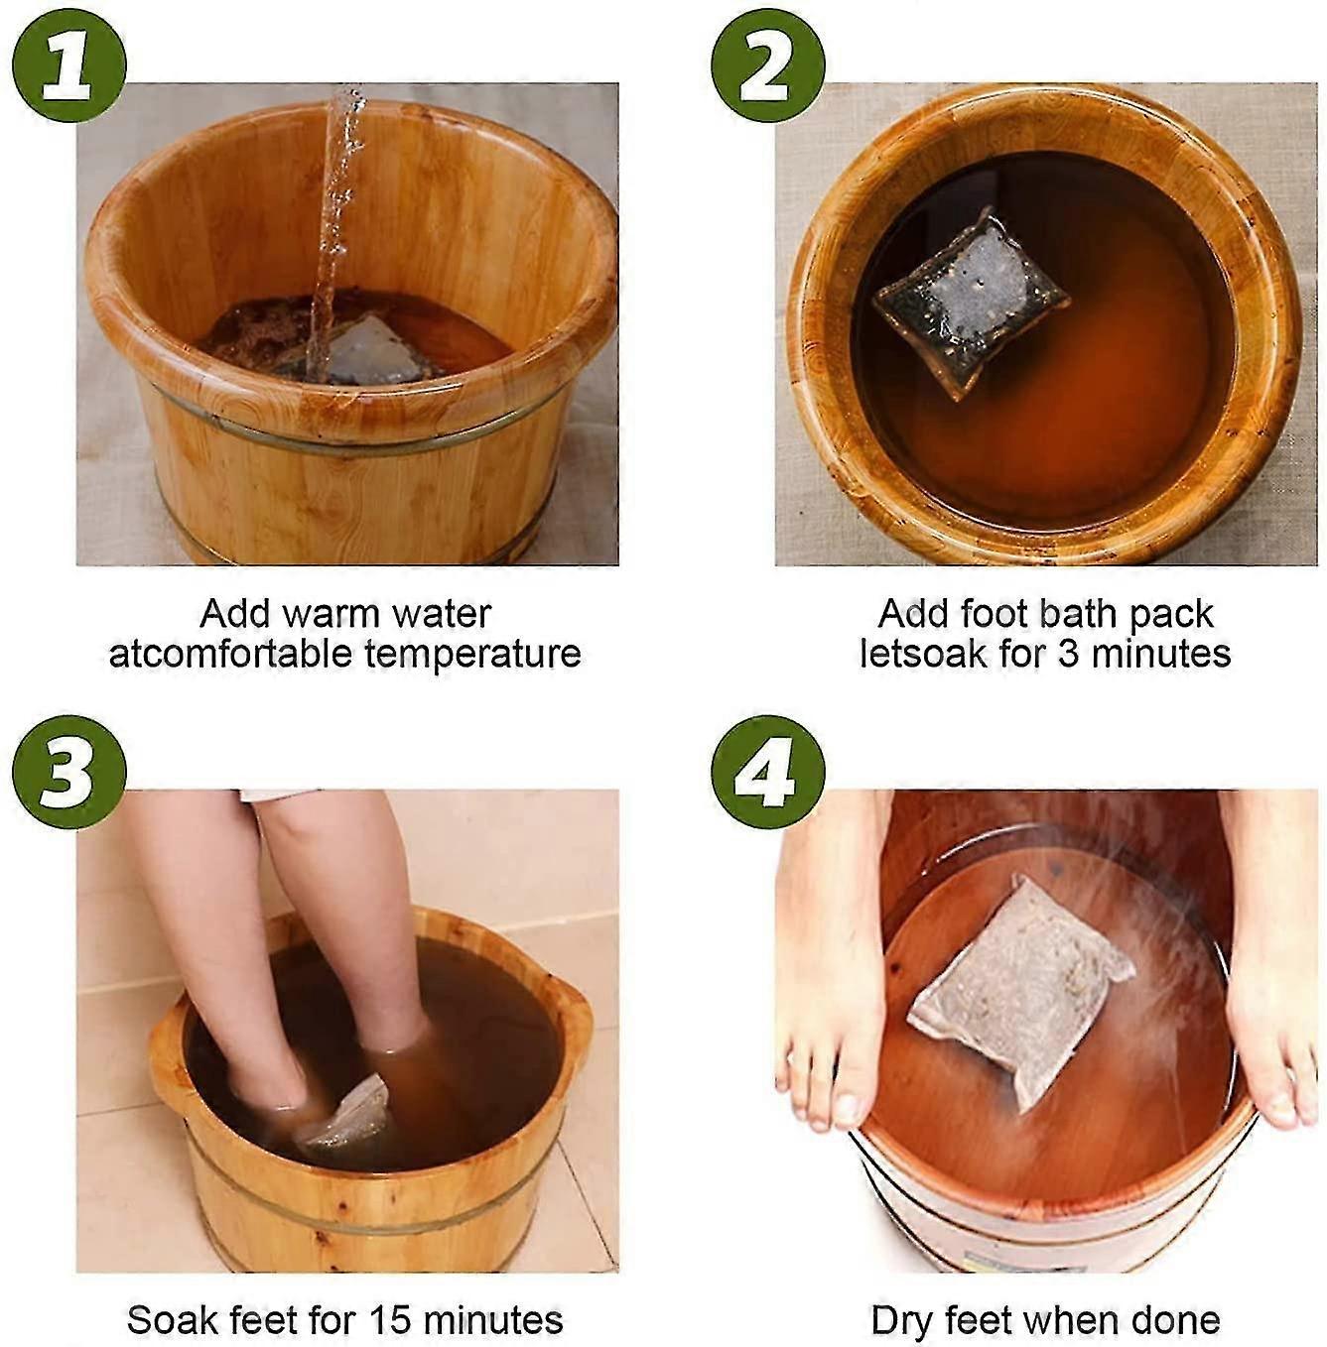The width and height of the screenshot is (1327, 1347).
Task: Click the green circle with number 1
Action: tap(68, 66)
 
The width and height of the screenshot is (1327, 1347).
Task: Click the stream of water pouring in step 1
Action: tap(335, 228)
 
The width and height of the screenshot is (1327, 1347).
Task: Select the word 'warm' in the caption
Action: tap(327, 614)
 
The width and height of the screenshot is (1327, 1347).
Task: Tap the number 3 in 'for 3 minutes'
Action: tap(1067, 655)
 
